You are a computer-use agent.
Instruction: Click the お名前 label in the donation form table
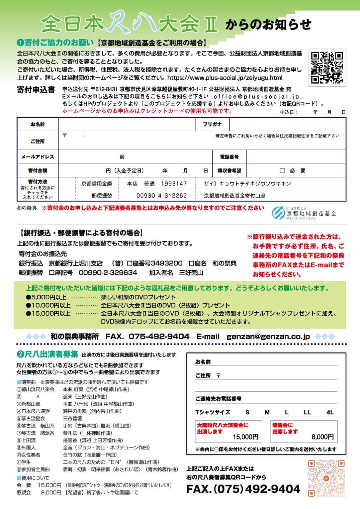coord(37,124)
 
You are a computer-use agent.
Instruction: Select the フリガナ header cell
coord(212,124)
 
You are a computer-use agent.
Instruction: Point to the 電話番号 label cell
coord(230,157)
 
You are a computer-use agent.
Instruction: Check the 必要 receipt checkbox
coord(282,171)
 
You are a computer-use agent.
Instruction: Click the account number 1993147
coord(174,184)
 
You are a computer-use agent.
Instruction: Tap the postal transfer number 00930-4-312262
coord(161,196)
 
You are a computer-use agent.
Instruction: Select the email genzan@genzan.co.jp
coord(268,337)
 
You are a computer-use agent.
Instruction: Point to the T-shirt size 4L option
coord(330,412)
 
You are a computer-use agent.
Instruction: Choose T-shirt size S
coord(247,412)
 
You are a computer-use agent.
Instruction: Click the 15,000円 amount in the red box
coord(246,437)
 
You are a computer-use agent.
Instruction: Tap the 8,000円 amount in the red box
coord(323,437)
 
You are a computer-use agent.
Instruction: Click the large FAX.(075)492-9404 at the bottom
coord(243,489)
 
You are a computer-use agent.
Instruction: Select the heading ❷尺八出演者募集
coord(47,354)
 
